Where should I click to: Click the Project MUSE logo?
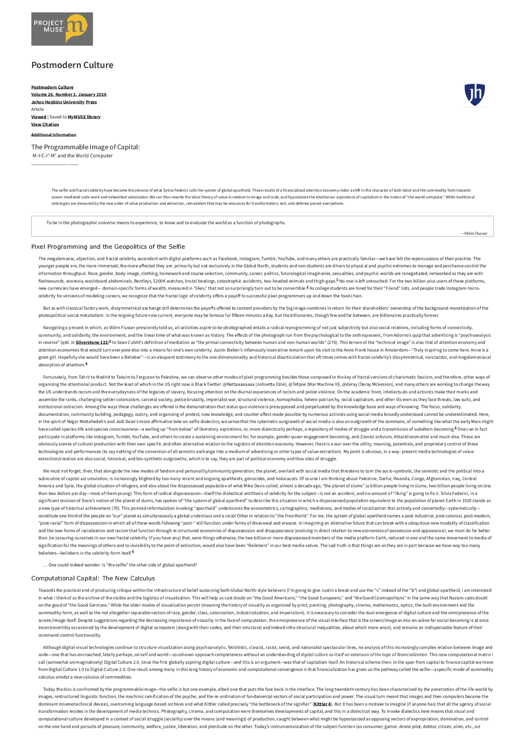(62, 29)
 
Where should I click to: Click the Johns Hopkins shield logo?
(475, 95)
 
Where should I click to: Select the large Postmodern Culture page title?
(72, 65)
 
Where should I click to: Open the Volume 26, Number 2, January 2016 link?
(69, 95)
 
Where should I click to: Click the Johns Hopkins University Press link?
(64, 102)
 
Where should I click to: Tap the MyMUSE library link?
(84, 117)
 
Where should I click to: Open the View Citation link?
(45, 124)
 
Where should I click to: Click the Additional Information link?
(53, 135)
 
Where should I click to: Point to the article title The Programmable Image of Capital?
(85, 147)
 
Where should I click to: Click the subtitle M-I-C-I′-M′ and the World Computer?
(72, 156)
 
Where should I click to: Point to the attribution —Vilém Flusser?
(474, 233)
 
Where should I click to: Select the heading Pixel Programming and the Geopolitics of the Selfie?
(108, 247)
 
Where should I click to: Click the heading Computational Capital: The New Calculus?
(93, 578)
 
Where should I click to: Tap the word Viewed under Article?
(39, 117)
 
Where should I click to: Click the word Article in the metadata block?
(37, 109)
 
